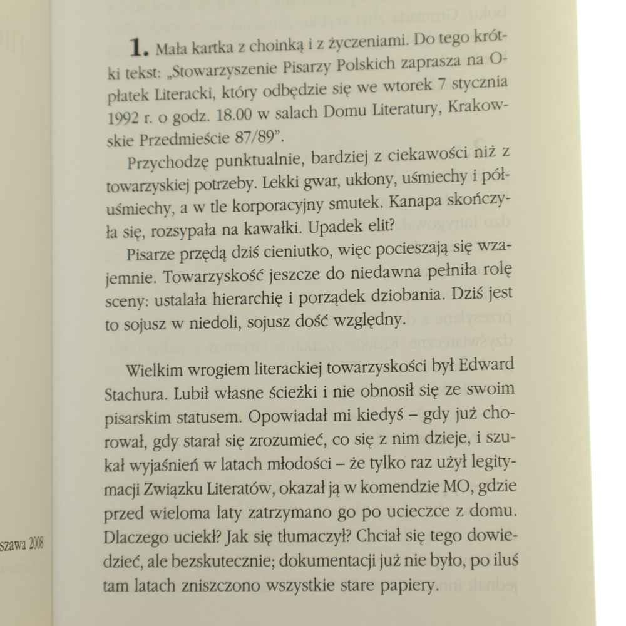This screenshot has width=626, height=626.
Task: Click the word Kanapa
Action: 409,203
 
